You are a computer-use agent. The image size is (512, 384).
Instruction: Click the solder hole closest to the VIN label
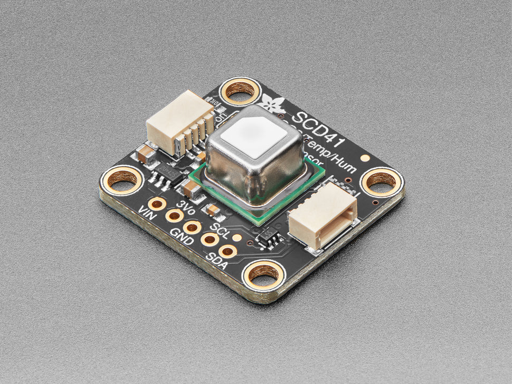click(156, 204)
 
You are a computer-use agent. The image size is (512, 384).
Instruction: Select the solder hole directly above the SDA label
click(227, 251)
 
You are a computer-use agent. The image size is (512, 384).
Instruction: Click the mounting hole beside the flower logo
click(240, 91)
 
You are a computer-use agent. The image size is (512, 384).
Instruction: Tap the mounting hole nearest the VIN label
click(122, 180)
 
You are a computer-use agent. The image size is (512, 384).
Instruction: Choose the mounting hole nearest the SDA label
click(263, 273)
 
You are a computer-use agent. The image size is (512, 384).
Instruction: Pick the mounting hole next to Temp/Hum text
click(381, 181)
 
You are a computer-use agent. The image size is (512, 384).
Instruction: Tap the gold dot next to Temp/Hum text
click(364, 157)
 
